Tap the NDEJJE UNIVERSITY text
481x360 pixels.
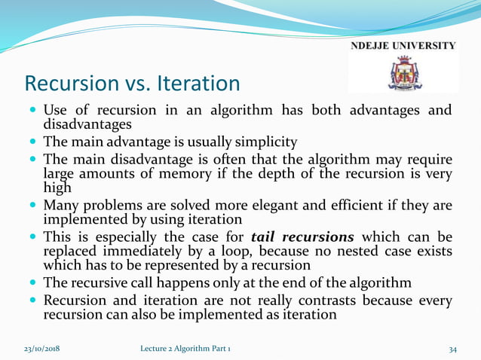tap(403, 46)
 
